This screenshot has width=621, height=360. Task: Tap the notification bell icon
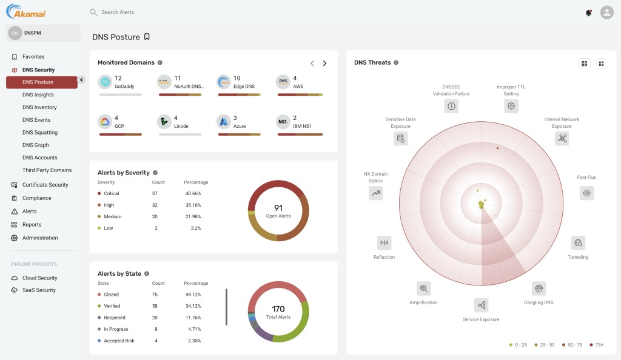[588, 12]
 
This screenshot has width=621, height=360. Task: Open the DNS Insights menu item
[38, 95]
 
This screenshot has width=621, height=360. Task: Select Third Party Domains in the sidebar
[47, 170]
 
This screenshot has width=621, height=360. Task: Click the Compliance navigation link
[36, 198]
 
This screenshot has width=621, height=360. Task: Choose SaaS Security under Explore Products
[39, 290]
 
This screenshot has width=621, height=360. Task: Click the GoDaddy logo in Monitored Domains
[105, 82]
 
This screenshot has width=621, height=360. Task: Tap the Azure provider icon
[224, 122]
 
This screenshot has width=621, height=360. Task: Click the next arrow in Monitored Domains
[324, 63]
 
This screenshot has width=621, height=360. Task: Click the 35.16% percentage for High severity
[193, 205]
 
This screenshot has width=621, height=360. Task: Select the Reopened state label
[115, 318]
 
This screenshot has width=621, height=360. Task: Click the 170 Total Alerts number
[278, 309]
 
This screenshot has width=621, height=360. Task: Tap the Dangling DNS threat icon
[539, 288]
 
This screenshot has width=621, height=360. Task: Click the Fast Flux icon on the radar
[586, 193]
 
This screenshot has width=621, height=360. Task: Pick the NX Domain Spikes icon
[376, 193]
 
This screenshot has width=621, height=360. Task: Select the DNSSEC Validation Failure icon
[451, 106]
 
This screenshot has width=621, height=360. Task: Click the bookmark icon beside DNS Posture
[147, 37]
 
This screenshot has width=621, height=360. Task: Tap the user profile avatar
[606, 12]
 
